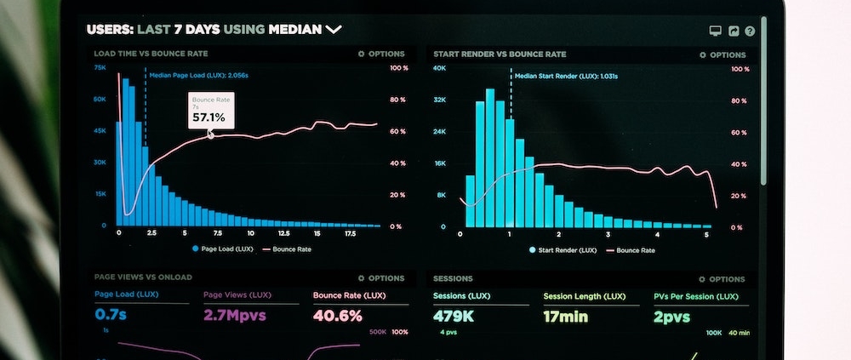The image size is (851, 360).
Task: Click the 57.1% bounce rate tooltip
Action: [x=209, y=111]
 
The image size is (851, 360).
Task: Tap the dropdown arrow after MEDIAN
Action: [x=334, y=30]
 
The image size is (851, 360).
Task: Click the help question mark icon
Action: [x=750, y=31]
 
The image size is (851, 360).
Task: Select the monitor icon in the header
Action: [x=715, y=31]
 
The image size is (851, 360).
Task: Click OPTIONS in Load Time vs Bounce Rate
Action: [x=381, y=54]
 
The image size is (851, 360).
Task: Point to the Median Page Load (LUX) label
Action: [x=198, y=75]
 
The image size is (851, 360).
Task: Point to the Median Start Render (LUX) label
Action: [x=566, y=76]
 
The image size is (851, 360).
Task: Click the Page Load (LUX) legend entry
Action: [x=222, y=249]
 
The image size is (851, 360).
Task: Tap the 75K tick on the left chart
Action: [x=100, y=67]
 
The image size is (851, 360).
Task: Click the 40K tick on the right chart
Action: [x=439, y=67]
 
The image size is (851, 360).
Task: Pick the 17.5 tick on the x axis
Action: [x=349, y=233]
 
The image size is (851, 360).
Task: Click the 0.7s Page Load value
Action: [x=111, y=316]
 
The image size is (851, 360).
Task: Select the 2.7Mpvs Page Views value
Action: [x=235, y=316]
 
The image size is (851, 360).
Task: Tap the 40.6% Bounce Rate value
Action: [x=337, y=316]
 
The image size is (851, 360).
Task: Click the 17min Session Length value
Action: [x=567, y=316]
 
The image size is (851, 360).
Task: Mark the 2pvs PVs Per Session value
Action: [x=671, y=316]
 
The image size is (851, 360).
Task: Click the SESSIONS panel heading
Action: [x=453, y=278]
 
